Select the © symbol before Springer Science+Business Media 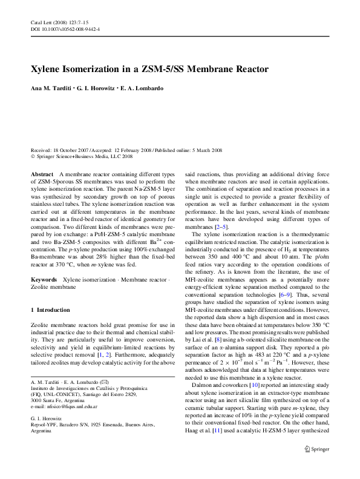[33, 156]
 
